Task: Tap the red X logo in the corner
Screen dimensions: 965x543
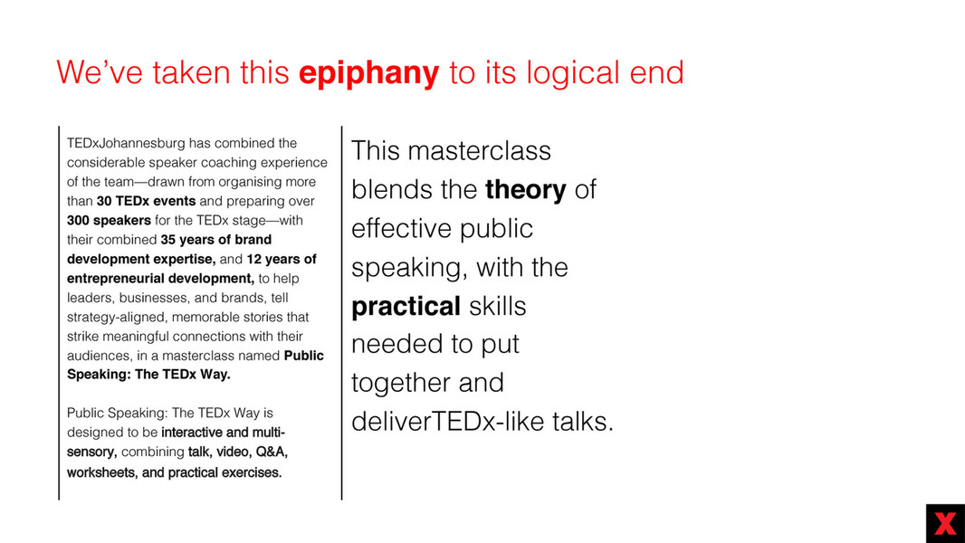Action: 945,523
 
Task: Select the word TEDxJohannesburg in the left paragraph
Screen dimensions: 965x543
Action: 126,143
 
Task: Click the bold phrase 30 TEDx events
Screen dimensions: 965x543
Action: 146,201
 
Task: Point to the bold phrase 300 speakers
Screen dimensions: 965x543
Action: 109,220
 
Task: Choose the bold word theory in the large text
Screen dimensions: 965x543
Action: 526,189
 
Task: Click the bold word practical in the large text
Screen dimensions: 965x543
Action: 406,307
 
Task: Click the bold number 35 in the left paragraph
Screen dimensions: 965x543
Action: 168,239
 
